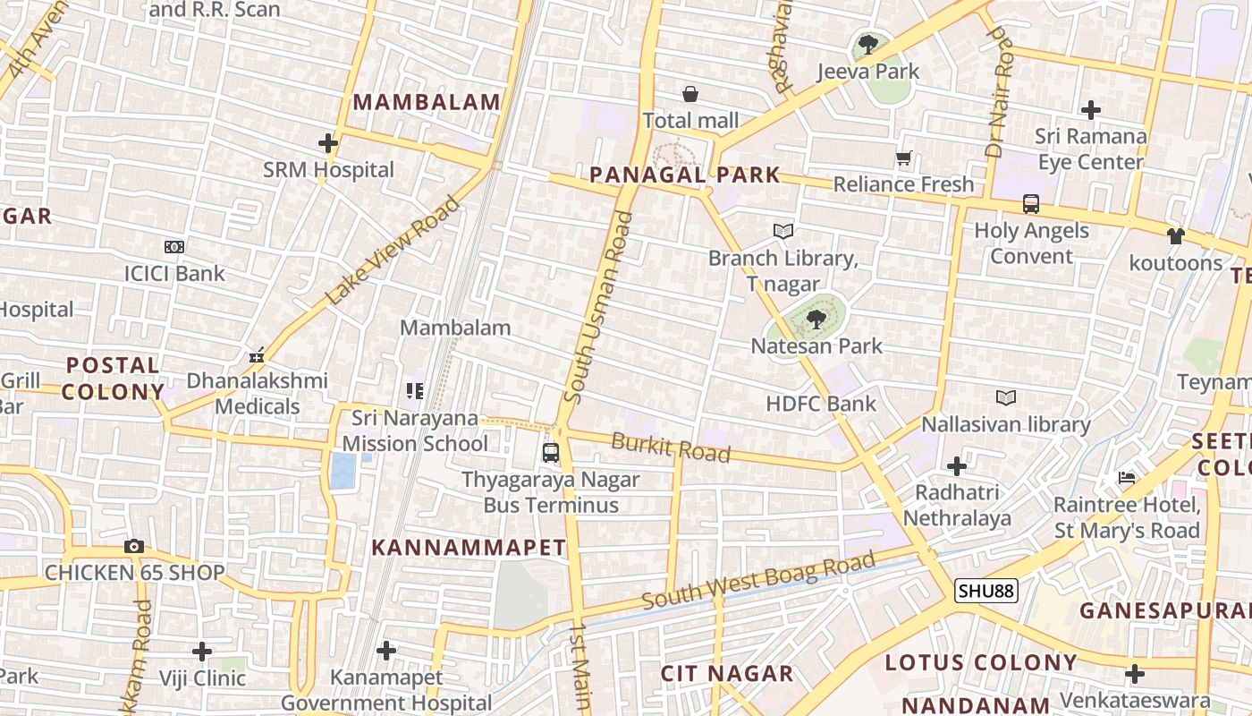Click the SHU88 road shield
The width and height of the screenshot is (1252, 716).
986,591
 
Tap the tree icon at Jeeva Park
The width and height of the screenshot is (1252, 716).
867,44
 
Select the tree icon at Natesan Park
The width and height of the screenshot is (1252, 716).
816,319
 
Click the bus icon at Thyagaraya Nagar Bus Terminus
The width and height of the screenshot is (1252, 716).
551,453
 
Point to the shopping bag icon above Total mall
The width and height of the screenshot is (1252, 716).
690,94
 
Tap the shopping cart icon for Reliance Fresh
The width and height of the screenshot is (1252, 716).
904,158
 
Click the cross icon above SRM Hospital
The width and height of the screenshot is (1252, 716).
328,143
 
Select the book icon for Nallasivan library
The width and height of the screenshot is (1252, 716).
1006,397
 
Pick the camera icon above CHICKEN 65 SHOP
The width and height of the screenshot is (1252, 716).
134,546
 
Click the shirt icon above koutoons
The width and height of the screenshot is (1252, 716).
1175,236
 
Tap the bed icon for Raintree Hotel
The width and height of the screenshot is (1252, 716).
1127,478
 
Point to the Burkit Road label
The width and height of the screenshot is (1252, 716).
671,447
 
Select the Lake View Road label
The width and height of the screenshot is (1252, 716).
393,251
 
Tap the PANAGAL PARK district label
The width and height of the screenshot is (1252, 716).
685,175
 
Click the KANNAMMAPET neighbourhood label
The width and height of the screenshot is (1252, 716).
469,548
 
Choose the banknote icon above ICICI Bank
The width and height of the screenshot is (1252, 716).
174,247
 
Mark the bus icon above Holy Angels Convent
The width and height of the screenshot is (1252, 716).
1031,204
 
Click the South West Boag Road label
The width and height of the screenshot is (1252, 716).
758,581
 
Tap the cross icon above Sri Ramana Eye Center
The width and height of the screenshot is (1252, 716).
1090,110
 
